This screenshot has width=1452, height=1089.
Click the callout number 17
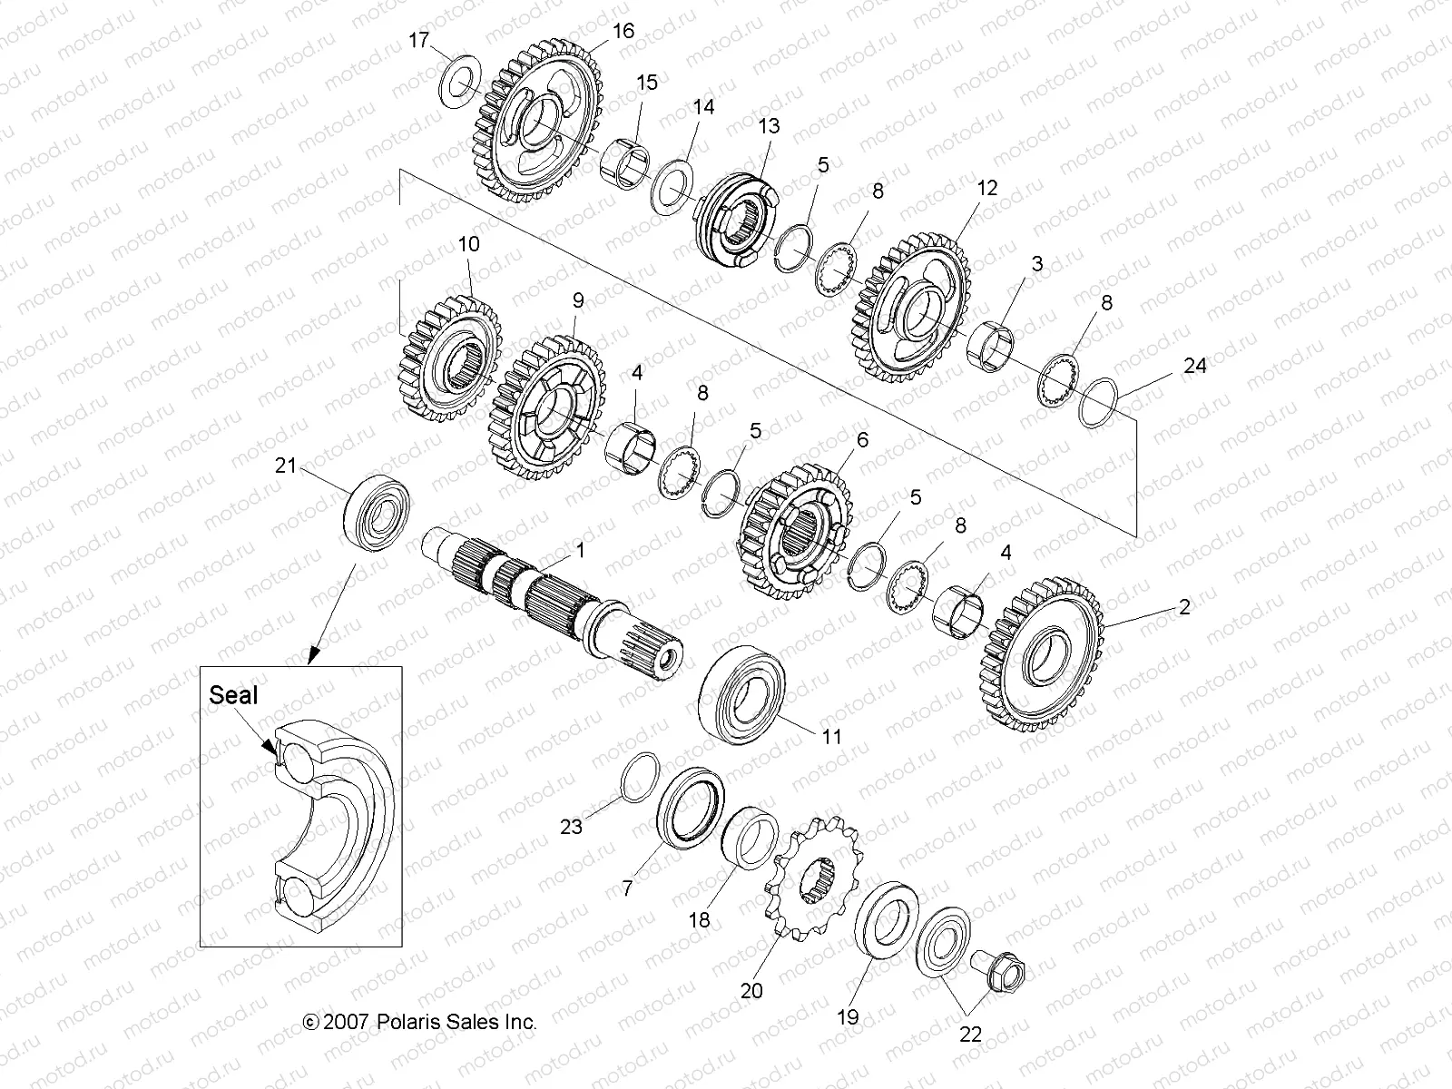click(417, 40)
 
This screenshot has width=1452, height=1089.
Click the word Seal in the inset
click(233, 696)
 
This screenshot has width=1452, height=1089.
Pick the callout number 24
click(1195, 366)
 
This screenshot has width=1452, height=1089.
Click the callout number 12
click(987, 188)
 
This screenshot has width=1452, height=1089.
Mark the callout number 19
click(848, 1017)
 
